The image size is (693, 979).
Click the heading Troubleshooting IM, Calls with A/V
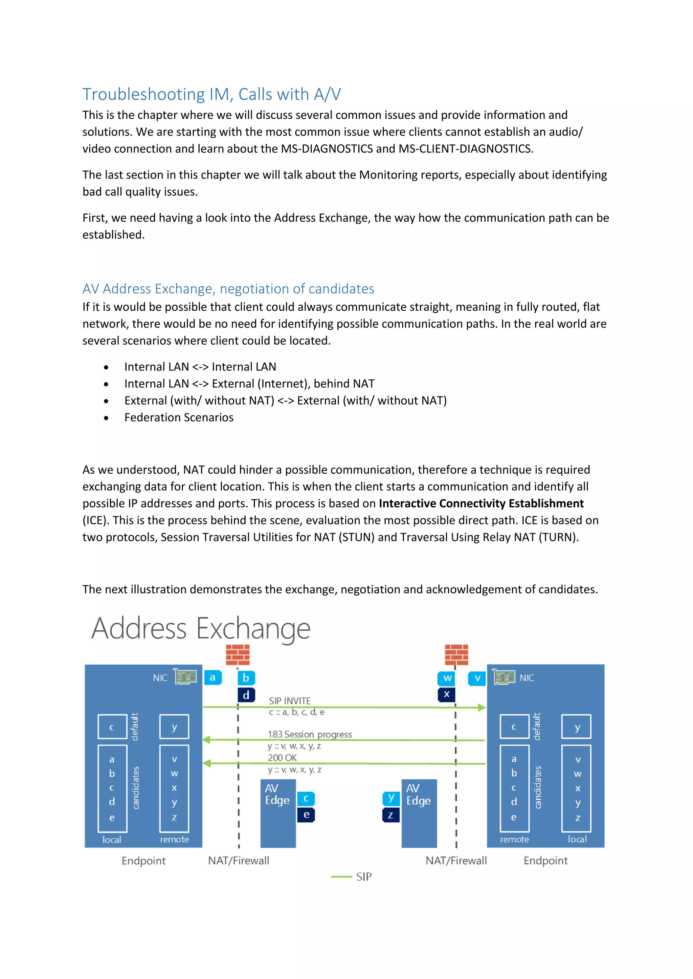click(x=211, y=94)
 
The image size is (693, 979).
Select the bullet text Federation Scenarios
click(x=178, y=417)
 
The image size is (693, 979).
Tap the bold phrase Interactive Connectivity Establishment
click(x=481, y=504)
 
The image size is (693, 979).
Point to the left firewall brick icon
click(x=238, y=654)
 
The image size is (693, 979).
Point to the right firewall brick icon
click(x=456, y=654)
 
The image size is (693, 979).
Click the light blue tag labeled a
click(x=213, y=677)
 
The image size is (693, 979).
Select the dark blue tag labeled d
click(x=246, y=695)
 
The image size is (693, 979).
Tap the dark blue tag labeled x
click(x=446, y=694)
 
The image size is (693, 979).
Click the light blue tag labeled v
click(x=477, y=678)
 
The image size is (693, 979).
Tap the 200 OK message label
click(x=282, y=758)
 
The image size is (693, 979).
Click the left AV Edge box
click(x=278, y=813)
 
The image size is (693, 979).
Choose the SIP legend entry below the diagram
click(x=363, y=877)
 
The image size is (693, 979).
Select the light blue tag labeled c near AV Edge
click(x=306, y=798)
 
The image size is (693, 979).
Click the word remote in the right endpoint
click(x=514, y=839)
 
